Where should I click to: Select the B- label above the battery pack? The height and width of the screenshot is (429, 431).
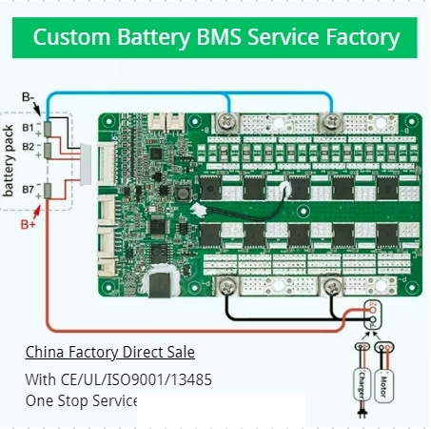pos(29,96)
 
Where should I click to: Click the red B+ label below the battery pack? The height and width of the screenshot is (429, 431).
pos(29,225)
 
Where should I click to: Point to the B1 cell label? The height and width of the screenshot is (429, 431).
pos(28,127)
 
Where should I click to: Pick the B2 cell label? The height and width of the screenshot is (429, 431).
pos(28,146)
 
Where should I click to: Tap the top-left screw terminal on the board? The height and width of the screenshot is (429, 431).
pos(227,121)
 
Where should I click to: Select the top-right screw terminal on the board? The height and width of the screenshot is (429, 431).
pos(332,121)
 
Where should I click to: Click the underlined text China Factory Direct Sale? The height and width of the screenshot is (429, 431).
pos(109,352)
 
